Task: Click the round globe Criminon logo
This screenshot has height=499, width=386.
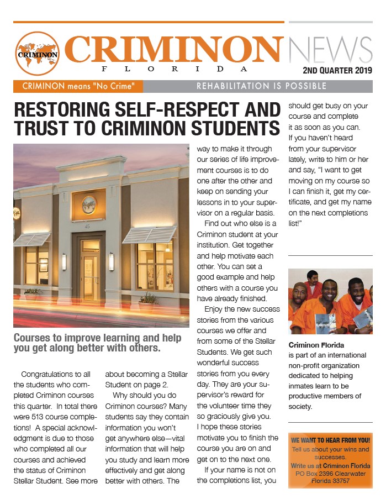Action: [38, 54]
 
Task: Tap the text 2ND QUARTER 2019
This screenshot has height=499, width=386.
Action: [337, 71]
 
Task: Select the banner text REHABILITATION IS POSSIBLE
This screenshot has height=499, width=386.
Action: [262, 86]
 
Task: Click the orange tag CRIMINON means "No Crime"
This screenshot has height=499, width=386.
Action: [78, 86]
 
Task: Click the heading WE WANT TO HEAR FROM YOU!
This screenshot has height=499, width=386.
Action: [330, 440]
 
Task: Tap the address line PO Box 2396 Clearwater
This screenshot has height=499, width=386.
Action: [330, 474]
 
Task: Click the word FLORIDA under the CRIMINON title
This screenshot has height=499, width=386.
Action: [173, 69]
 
